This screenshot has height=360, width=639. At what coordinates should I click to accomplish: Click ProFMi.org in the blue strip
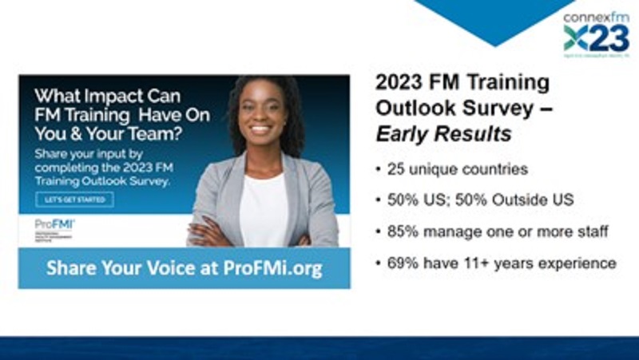271,268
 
